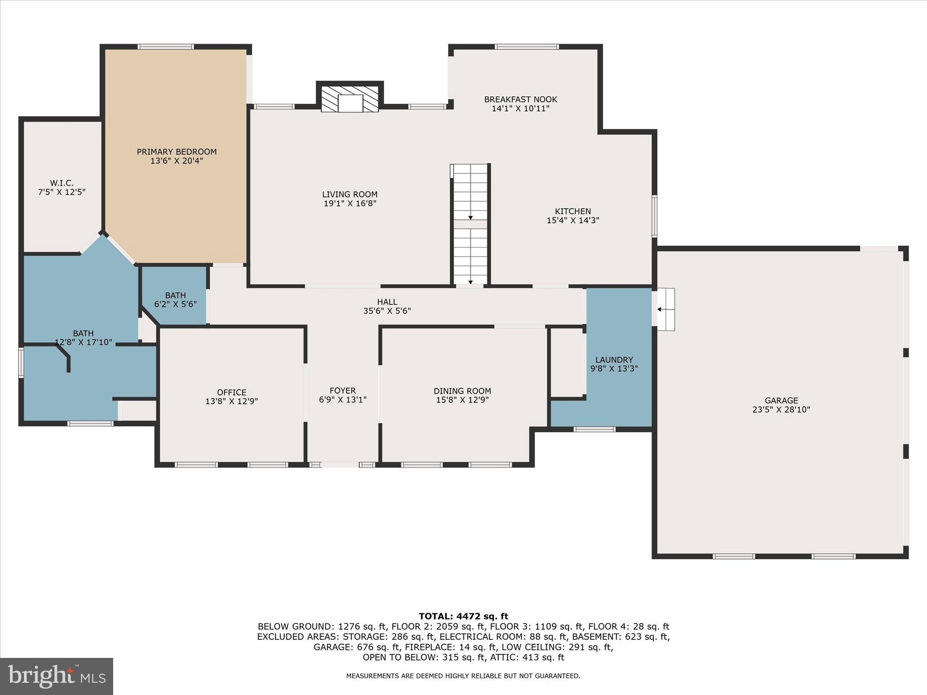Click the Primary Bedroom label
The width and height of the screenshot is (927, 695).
point(177,152)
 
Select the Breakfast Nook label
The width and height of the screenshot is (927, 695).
point(521,100)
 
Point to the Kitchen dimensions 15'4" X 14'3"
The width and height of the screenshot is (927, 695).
point(573,221)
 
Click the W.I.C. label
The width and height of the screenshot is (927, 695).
point(62,183)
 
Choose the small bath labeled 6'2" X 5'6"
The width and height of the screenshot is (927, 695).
point(175,300)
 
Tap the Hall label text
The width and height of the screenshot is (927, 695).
point(387,302)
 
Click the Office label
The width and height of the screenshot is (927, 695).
point(231,392)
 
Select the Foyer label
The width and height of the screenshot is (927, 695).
point(343,390)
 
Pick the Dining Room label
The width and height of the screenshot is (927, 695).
point(462,391)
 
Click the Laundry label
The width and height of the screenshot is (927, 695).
point(614,360)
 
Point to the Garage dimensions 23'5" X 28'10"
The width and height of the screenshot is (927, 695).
point(781,410)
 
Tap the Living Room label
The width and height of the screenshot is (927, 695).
point(349,195)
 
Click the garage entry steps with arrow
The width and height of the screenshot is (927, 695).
point(666,309)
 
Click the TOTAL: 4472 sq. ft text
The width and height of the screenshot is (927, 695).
point(463,616)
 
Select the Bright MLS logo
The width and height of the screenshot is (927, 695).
point(57,676)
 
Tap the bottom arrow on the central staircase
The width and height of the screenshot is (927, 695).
point(470,282)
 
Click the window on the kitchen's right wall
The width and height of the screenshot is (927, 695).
point(654,216)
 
